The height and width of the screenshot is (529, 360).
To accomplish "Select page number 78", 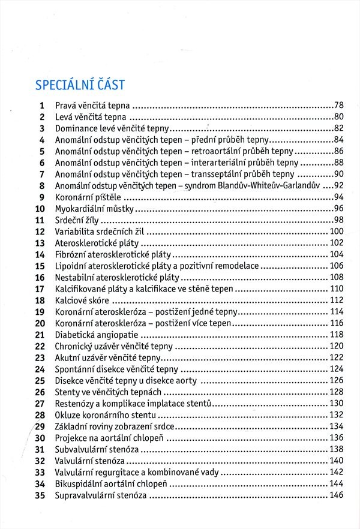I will (x=338, y=105).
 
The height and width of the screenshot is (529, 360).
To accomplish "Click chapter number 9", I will (x=42, y=197).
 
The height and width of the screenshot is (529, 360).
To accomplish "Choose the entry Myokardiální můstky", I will (x=94, y=209).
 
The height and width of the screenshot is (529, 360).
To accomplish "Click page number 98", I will (x=338, y=220).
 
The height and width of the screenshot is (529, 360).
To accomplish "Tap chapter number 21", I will (x=40, y=334).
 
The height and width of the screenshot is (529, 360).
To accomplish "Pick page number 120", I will (x=336, y=346).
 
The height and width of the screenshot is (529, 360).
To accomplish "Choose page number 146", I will (x=336, y=495).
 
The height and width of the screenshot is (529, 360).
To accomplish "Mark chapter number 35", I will (x=40, y=495).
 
